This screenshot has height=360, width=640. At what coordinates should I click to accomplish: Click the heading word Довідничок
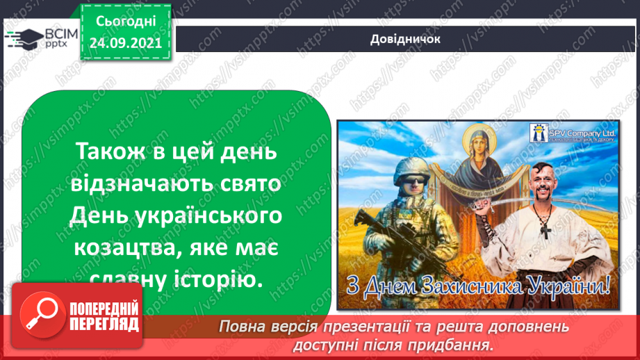(x=406, y=39)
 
